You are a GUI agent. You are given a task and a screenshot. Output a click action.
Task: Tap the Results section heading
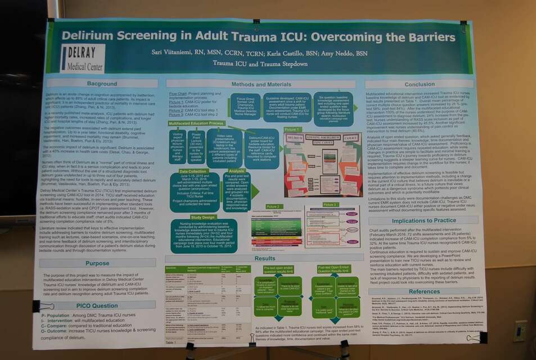265,258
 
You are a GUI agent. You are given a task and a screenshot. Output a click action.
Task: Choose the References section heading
424,291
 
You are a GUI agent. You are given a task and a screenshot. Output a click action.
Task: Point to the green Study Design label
203,217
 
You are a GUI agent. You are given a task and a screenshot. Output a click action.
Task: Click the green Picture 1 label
292,129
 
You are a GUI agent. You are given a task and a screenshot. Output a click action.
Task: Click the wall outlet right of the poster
520,330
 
